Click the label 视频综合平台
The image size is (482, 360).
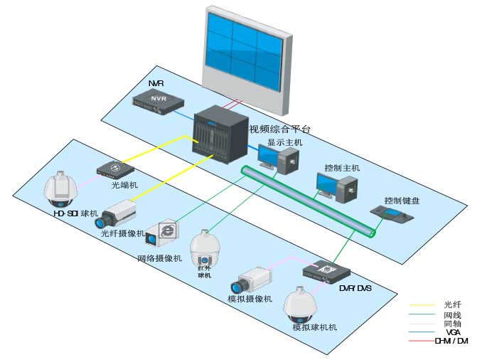(x=279, y=129)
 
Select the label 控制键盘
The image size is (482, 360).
(x=401, y=201)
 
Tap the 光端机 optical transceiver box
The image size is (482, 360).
(x=116, y=169)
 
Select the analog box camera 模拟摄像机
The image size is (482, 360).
(x=254, y=278)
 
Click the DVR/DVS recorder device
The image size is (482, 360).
(x=326, y=271)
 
